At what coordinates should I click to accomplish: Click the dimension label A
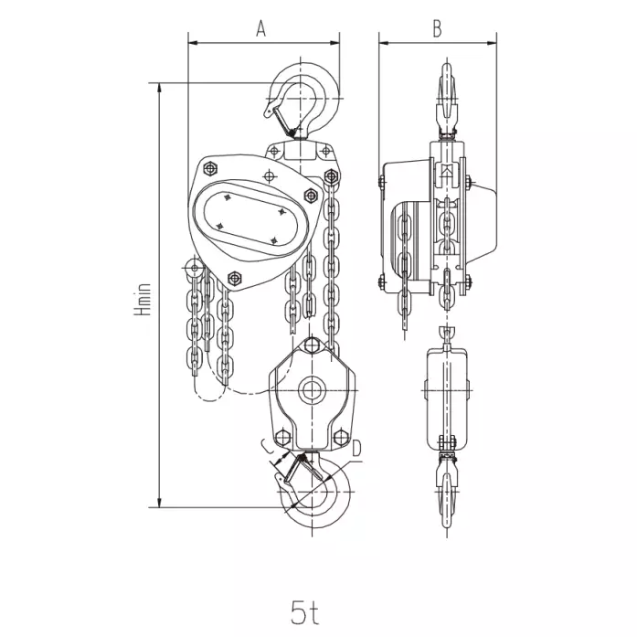260,28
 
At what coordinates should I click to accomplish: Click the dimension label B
437,28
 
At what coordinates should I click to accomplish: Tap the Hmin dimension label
143,300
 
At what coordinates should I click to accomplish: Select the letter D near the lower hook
356,449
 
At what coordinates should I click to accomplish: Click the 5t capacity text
304,612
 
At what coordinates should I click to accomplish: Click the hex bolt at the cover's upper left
210,168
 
